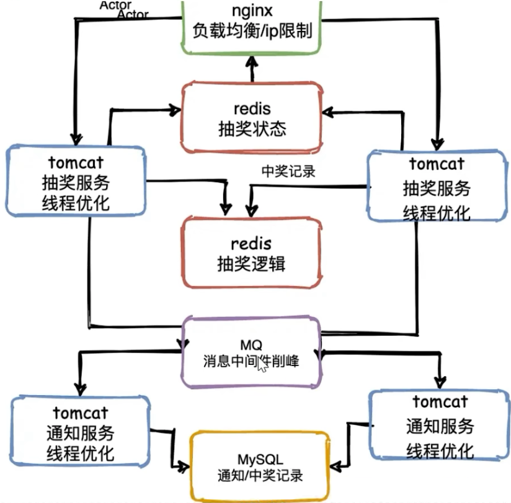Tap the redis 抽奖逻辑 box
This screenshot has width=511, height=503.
tap(252, 253)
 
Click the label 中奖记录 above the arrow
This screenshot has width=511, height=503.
tap(288, 171)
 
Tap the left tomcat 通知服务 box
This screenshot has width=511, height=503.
tap(81, 432)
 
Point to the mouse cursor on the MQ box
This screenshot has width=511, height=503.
tap(262, 364)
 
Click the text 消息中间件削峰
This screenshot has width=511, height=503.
tap(251, 361)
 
